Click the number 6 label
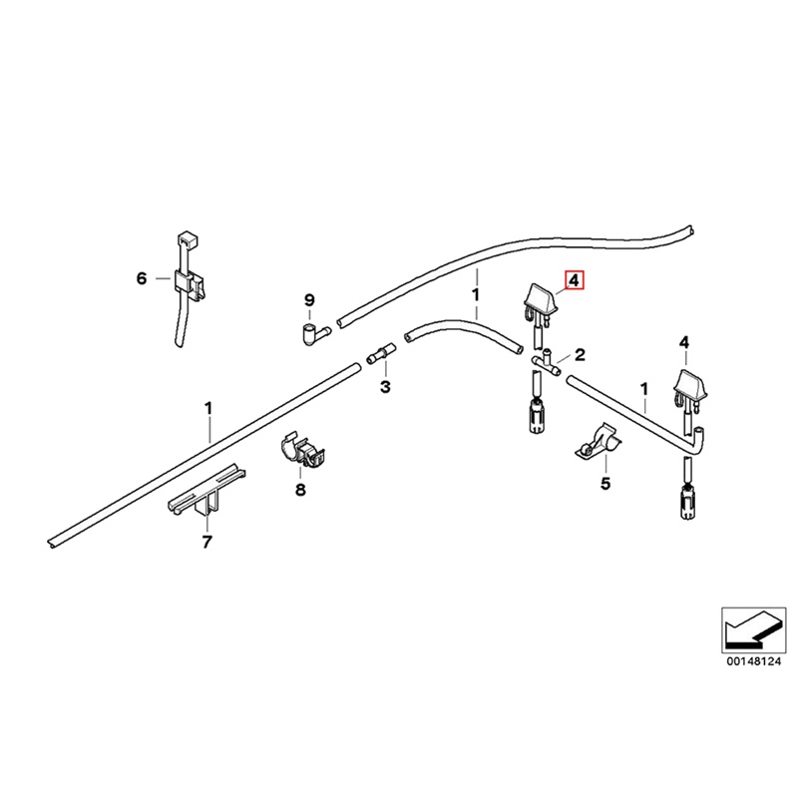tap(141, 278)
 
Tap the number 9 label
tap(309, 300)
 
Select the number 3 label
tap(384, 386)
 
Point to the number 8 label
tap(300, 489)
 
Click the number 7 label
tap(206, 543)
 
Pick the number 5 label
tap(603, 484)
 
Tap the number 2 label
tap(579, 354)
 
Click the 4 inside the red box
tap(576, 280)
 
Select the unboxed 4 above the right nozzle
tap(684, 343)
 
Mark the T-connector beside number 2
tap(545, 360)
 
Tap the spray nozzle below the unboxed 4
tap(688, 389)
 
